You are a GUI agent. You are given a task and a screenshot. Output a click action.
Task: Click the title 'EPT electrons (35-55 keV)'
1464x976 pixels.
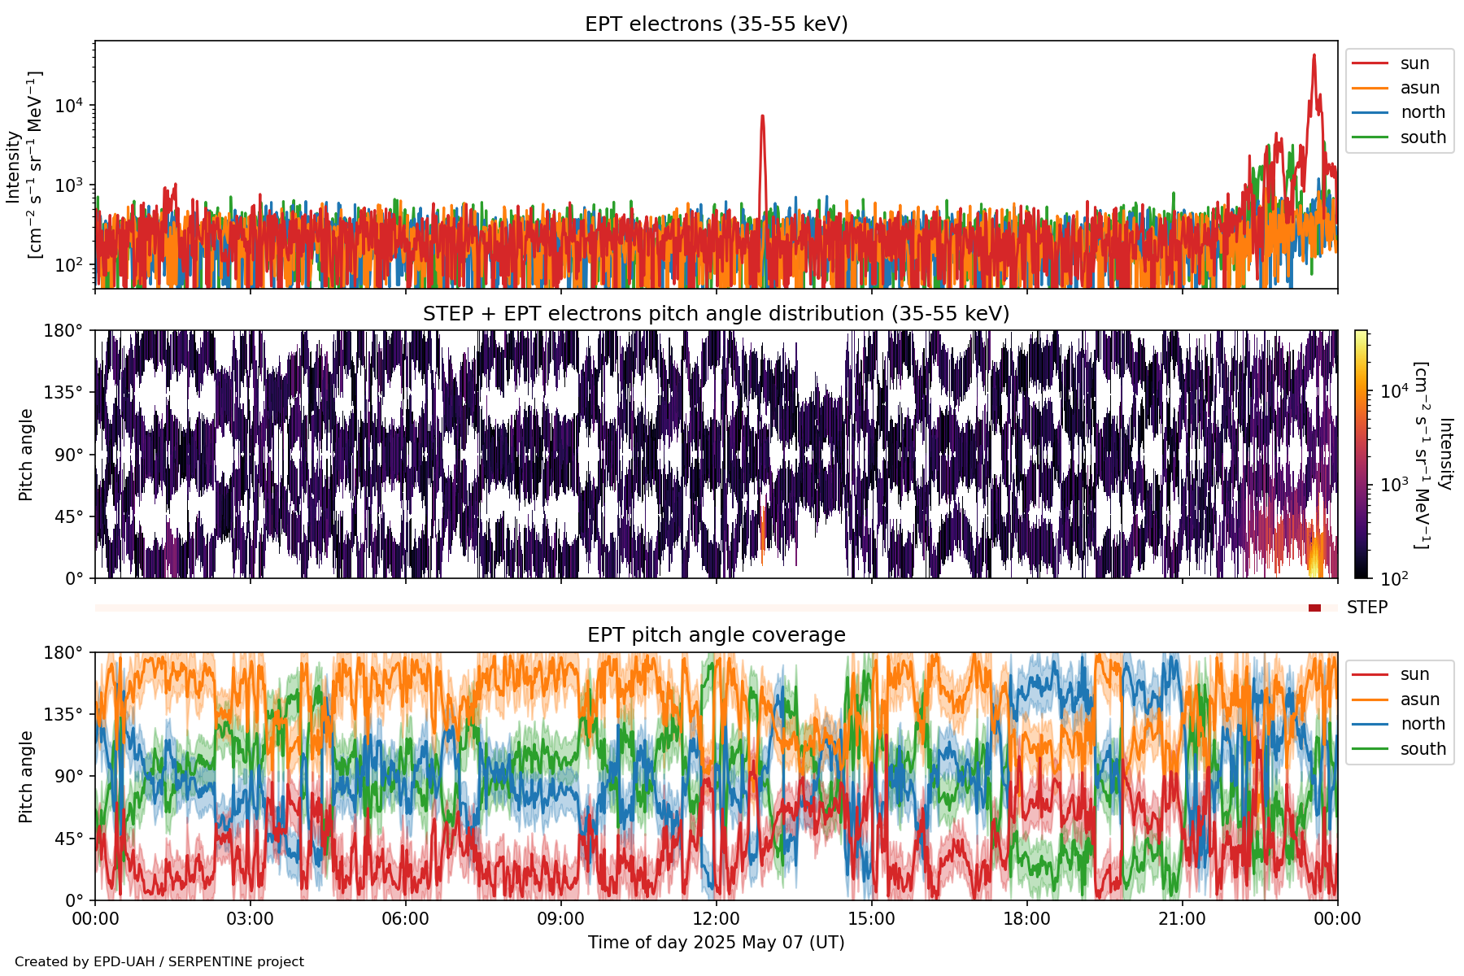click(x=716, y=24)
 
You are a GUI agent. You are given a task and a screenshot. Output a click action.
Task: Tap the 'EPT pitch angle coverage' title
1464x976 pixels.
click(x=716, y=635)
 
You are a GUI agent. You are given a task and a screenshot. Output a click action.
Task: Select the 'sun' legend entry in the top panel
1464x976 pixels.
click(x=1414, y=63)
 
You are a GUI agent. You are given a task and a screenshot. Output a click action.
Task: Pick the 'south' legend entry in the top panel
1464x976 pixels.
click(x=1423, y=137)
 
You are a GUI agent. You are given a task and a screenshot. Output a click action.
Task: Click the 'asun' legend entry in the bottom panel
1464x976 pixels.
click(x=1419, y=699)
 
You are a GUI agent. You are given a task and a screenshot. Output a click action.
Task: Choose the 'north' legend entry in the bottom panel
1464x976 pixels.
click(x=1423, y=724)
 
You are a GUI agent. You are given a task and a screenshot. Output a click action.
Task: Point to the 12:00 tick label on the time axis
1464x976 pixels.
click(x=716, y=919)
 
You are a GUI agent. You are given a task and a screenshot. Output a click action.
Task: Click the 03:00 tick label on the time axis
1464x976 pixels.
click(x=250, y=919)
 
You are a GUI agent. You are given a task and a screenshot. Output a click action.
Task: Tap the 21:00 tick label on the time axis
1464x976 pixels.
click(x=1182, y=919)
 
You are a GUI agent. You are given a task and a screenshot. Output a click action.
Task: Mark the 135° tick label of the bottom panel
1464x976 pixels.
click(x=64, y=714)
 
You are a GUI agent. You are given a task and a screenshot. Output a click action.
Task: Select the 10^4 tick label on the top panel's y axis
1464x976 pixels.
click(x=68, y=106)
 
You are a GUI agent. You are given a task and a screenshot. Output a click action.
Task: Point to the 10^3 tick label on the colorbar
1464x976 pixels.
click(x=1394, y=485)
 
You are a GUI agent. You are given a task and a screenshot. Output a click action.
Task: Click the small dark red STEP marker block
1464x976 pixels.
click(x=1314, y=608)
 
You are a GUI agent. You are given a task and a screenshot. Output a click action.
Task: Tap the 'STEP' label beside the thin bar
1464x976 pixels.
click(x=1366, y=608)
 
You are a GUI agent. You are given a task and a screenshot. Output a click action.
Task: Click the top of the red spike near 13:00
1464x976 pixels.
click(x=762, y=117)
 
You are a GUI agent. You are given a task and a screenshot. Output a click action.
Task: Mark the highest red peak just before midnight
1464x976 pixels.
click(x=1314, y=56)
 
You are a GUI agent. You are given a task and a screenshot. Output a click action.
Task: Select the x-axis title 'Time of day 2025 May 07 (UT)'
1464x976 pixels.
click(x=716, y=943)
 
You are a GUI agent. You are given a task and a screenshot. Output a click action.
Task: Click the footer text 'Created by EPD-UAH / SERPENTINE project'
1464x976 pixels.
click(x=159, y=962)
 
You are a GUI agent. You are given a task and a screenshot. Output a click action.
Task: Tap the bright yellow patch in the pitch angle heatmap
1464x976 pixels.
click(x=1317, y=561)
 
